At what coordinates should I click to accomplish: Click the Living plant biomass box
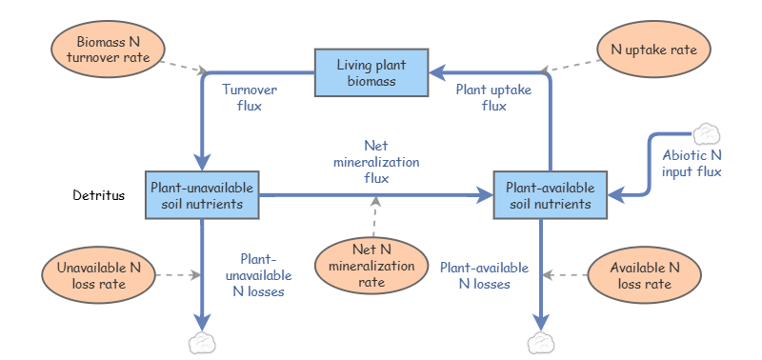(x=371, y=73)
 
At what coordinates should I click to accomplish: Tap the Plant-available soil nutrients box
(x=550, y=195)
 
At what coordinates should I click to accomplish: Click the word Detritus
(x=99, y=196)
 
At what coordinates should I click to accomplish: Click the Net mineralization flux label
(x=375, y=160)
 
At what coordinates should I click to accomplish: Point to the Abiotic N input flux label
(x=692, y=164)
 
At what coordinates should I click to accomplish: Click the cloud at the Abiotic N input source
(x=706, y=133)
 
